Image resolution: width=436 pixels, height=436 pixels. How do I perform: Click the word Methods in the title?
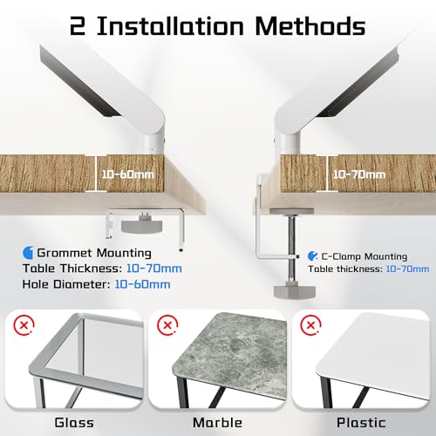(310, 26)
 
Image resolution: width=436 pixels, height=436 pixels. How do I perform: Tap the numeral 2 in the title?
(78, 27)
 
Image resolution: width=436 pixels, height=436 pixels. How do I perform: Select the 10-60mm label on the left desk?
(127, 174)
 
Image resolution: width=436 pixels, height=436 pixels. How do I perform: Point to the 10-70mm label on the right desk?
(359, 174)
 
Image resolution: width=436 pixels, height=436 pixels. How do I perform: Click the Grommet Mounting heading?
(94, 253)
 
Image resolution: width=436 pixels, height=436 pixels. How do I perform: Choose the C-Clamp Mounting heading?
(364, 256)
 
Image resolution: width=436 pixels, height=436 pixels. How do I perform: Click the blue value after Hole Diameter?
(143, 284)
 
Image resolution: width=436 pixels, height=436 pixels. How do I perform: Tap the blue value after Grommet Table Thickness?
(154, 269)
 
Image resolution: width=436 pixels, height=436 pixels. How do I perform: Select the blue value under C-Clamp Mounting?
(407, 269)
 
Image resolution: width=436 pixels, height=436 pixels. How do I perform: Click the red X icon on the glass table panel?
(24, 324)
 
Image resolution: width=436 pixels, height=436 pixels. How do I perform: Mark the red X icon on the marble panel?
(167, 324)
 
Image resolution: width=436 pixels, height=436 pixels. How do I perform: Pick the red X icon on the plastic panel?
(310, 324)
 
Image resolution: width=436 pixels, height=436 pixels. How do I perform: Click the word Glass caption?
(74, 423)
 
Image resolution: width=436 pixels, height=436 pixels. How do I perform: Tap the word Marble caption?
(217, 423)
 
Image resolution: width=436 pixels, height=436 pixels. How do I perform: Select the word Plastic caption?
(361, 423)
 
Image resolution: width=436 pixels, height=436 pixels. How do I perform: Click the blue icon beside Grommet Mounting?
(28, 253)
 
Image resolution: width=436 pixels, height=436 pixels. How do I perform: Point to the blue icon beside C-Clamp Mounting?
(312, 256)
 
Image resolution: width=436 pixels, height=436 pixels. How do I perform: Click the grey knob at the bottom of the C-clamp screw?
(295, 292)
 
